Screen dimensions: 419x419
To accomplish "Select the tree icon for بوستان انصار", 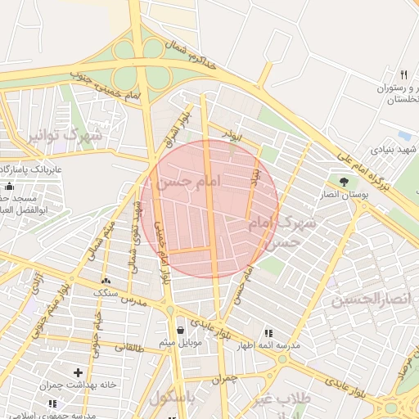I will [x=343, y=182].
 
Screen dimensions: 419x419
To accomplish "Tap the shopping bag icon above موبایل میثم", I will [x=180, y=330].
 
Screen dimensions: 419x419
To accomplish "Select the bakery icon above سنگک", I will [x=106, y=281].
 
